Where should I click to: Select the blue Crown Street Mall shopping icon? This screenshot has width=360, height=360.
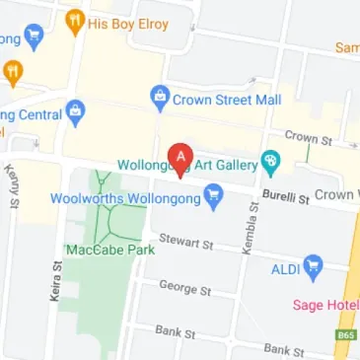pos(158,99)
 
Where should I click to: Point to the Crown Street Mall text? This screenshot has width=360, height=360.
pos(227,100)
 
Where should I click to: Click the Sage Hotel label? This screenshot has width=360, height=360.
pos(325,305)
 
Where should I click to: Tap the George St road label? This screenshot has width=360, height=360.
pos(185,288)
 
